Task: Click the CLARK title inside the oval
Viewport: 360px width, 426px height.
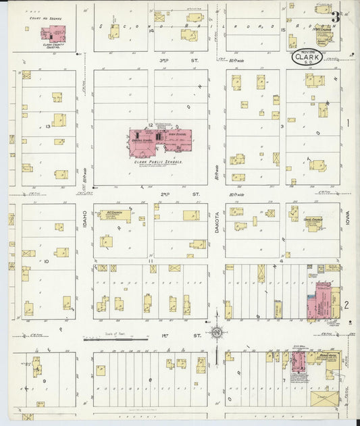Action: click(308, 58)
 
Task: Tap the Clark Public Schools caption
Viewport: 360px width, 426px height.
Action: click(159, 163)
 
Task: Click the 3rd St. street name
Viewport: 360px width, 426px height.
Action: click(164, 60)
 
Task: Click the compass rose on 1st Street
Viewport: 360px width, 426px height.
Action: click(217, 332)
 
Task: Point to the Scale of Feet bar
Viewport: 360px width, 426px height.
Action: click(108, 340)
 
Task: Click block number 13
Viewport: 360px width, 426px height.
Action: click(49, 126)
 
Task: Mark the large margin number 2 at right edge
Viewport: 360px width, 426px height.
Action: click(347, 305)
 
